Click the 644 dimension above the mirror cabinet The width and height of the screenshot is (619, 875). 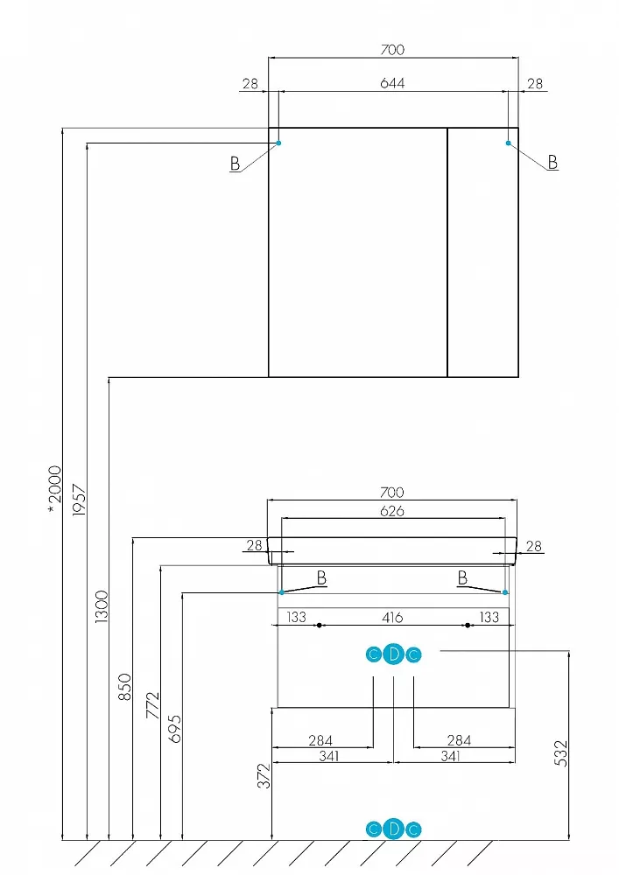pyautogui.click(x=392, y=83)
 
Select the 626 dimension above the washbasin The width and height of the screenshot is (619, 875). pyautogui.click(x=392, y=511)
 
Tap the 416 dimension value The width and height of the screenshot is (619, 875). pyautogui.click(x=392, y=617)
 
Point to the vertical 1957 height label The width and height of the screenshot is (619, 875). pyautogui.click(x=80, y=500)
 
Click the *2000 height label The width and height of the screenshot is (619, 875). pyautogui.click(x=54, y=491)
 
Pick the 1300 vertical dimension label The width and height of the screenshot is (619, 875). pyautogui.click(x=101, y=607)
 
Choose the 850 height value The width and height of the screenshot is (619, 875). pyautogui.click(x=125, y=687)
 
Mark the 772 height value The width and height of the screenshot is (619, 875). pyautogui.click(x=153, y=704)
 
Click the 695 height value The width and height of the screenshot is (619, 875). pyautogui.click(x=175, y=729)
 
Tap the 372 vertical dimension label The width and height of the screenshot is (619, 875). pyautogui.click(x=264, y=775)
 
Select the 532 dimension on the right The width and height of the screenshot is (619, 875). pyautogui.click(x=560, y=753)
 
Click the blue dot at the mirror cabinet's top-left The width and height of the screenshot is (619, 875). pyautogui.click(x=279, y=143)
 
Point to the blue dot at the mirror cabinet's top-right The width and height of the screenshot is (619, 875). pyautogui.click(x=508, y=143)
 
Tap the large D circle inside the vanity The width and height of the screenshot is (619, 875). pyautogui.click(x=393, y=654)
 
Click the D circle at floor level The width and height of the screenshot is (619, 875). pyautogui.click(x=393, y=829)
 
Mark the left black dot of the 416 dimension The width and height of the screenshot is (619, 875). pyautogui.click(x=319, y=626)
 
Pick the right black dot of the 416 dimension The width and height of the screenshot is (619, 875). pyautogui.click(x=468, y=626)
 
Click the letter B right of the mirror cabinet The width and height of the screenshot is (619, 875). pyautogui.click(x=552, y=163)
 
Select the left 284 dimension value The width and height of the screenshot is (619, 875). pyautogui.click(x=320, y=740)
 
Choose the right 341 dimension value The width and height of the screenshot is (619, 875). pyautogui.click(x=450, y=756)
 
